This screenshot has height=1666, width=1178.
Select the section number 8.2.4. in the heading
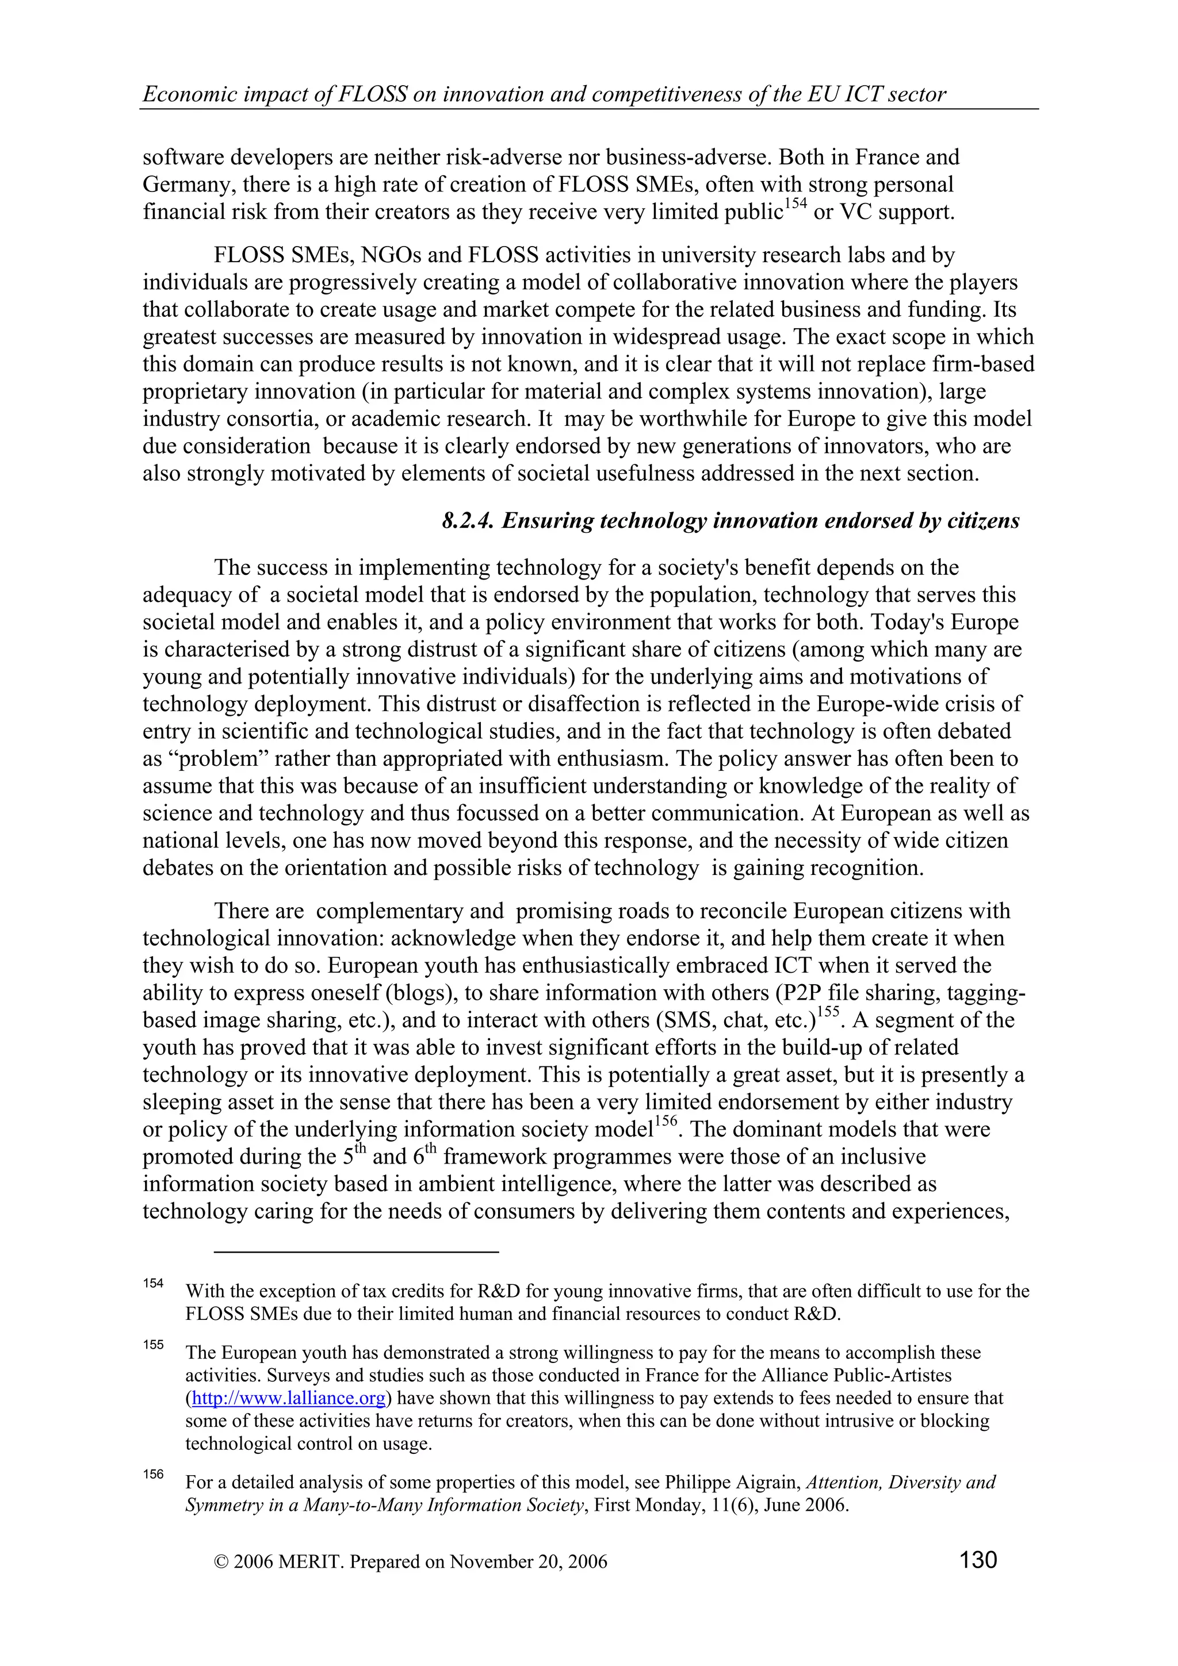click(468, 520)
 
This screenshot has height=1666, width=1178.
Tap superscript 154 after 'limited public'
click(795, 205)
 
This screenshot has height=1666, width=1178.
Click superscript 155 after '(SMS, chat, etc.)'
click(828, 1012)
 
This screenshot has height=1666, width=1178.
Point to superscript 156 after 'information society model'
click(666, 1122)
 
